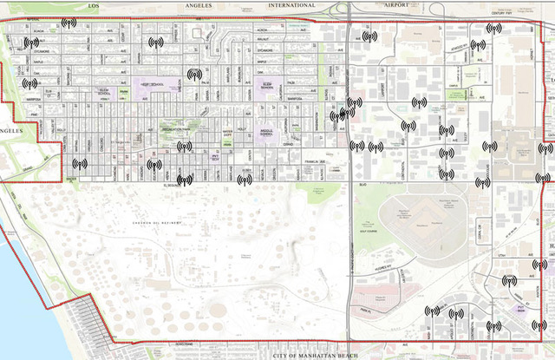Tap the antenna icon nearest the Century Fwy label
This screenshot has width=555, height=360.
[493, 29]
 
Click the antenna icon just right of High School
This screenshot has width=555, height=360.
[194, 75]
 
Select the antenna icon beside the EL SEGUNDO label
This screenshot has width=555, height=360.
[184, 180]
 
